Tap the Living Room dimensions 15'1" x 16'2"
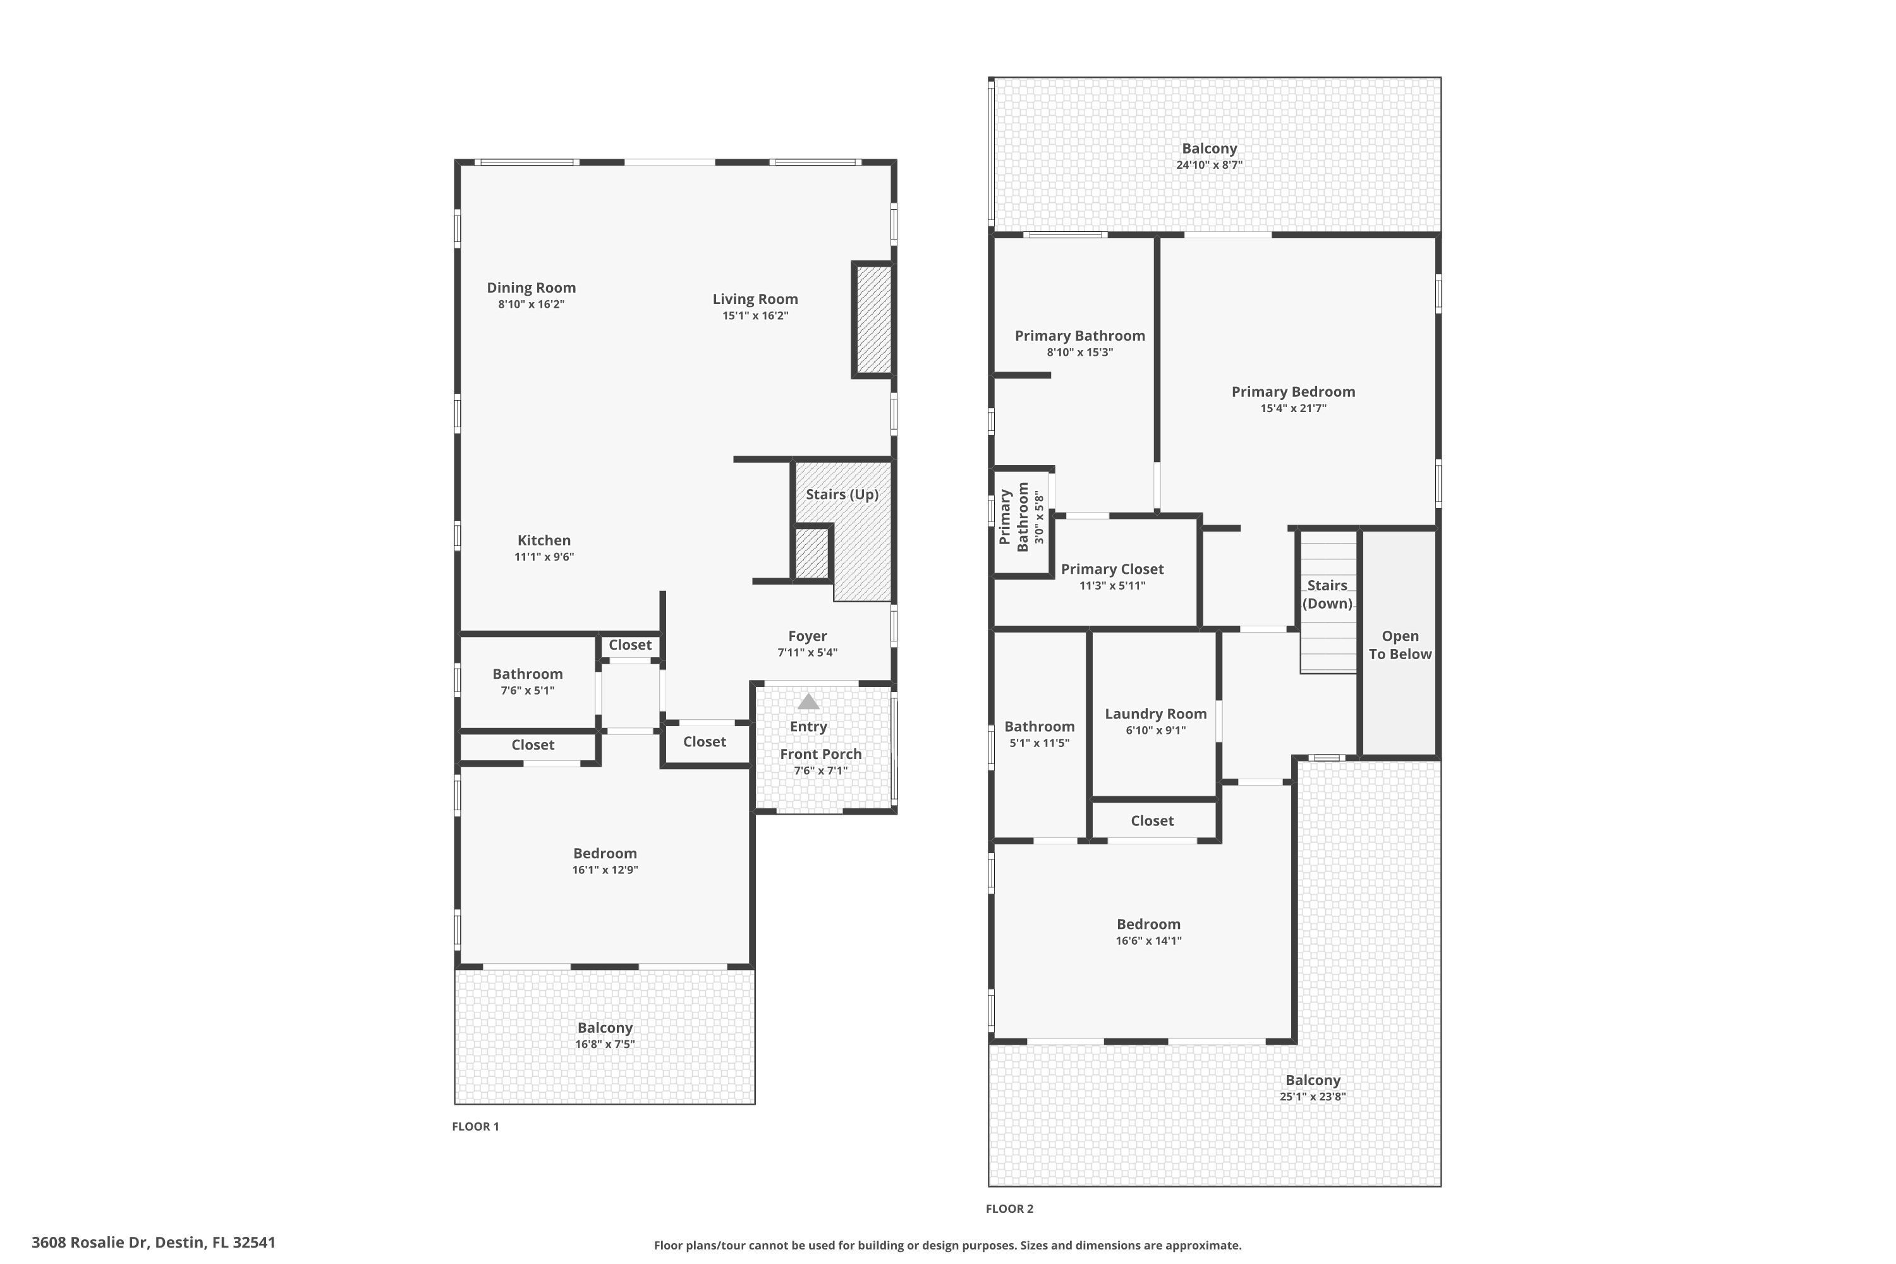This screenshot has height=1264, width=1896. [755, 316]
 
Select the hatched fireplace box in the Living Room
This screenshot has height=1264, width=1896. [873, 320]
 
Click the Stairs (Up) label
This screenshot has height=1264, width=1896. [842, 494]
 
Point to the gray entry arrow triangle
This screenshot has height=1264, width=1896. [808, 702]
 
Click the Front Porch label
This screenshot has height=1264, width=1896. [820, 755]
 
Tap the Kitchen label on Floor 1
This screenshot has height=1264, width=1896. [544, 541]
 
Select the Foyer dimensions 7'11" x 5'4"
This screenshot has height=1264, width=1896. [807, 653]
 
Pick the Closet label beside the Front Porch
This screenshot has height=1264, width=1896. [704, 741]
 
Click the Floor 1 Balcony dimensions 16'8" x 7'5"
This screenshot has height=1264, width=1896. [605, 1045]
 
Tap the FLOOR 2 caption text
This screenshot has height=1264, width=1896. [1009, 1208]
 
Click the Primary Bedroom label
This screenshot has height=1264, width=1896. [1292, 392]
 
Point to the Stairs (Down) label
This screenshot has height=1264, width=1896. [1326, 594]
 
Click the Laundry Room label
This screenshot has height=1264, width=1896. [1155, 714]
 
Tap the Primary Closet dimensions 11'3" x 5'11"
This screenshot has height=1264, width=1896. [1112, 586]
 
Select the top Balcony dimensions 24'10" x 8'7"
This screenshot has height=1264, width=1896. [1208, 165]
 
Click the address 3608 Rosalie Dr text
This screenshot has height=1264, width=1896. [153, 1243]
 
